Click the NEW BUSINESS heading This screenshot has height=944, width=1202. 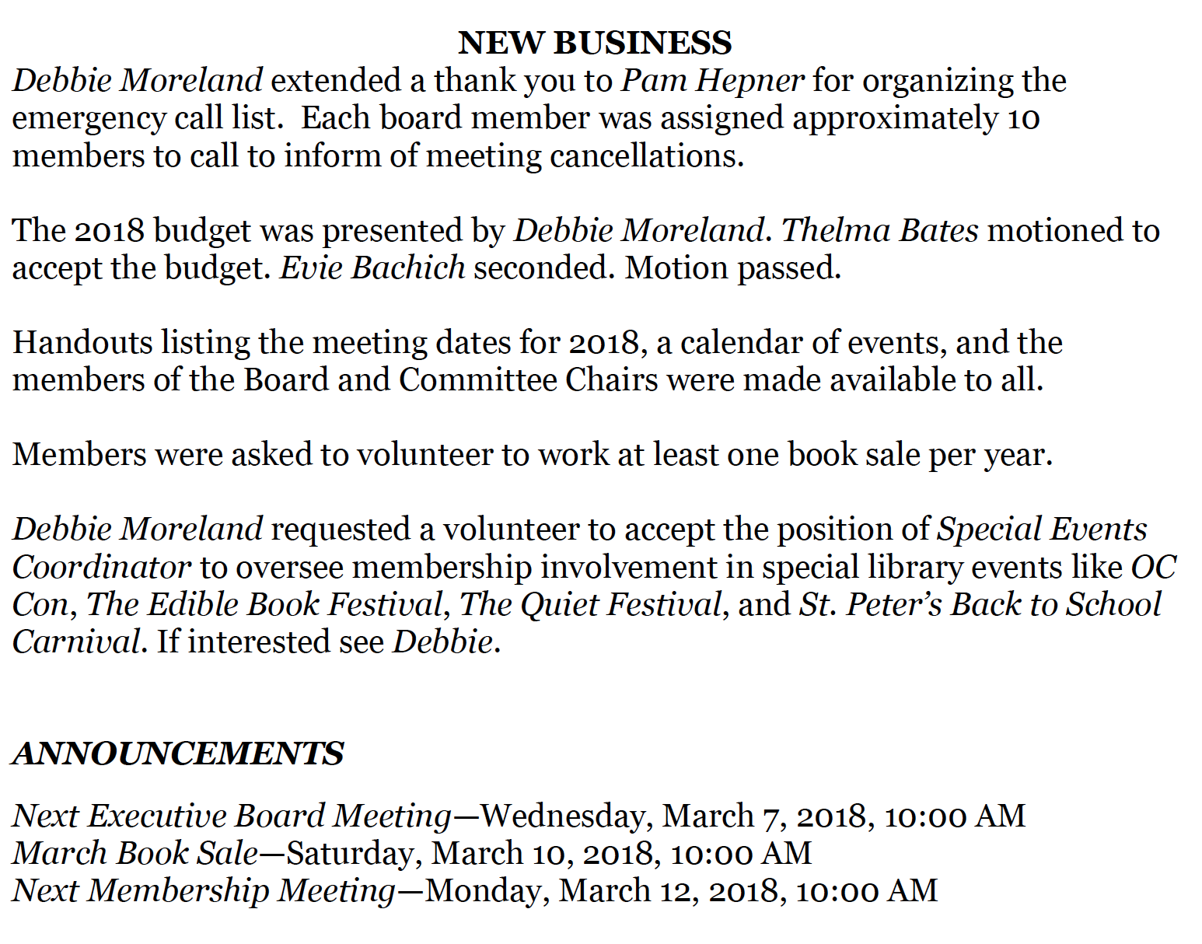(595, 44)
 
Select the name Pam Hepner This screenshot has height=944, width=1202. (713, 81)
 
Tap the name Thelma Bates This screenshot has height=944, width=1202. (879, 230)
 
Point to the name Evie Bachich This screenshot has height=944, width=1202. (372, 267)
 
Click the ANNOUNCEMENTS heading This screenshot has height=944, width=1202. (178, 753)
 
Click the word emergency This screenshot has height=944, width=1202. (89, 118)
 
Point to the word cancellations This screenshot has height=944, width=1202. (647, 156)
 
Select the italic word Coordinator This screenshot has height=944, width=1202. (101, 567)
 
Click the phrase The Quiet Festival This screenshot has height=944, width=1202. (591, 604)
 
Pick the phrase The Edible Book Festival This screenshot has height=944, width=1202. (264, 604)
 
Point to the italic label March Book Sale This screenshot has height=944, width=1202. (135, 853)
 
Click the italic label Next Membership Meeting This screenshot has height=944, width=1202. (204, 890)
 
